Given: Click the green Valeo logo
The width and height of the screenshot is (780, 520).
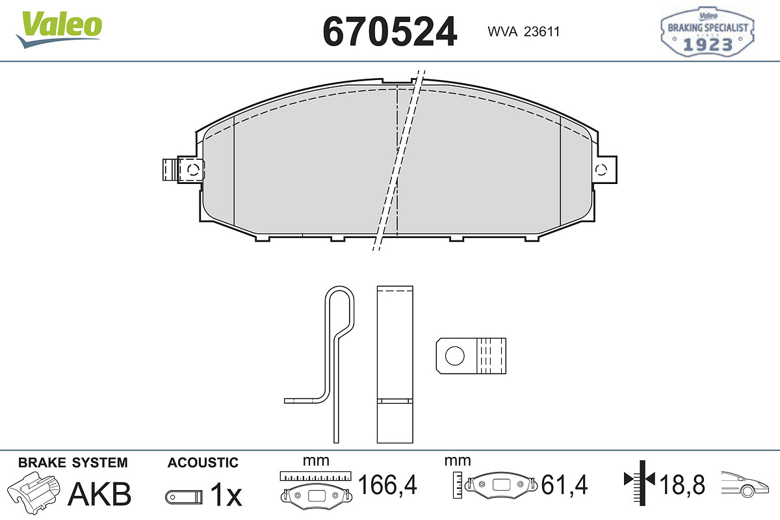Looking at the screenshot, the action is click(59, 29).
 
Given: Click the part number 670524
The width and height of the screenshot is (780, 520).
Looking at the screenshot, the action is click(389, 32).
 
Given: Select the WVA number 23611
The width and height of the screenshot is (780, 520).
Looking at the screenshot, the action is click(541, 32).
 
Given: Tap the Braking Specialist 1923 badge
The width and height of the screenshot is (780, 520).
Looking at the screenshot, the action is click(708, 31).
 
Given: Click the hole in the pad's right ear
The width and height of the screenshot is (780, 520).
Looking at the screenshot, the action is click(601, 170).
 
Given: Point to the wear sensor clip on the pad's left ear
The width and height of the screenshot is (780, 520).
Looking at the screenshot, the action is click(183, 170).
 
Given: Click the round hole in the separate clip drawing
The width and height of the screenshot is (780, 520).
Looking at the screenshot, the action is click(455, 356).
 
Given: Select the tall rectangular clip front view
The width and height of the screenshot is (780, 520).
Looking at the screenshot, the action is click(395, 364).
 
